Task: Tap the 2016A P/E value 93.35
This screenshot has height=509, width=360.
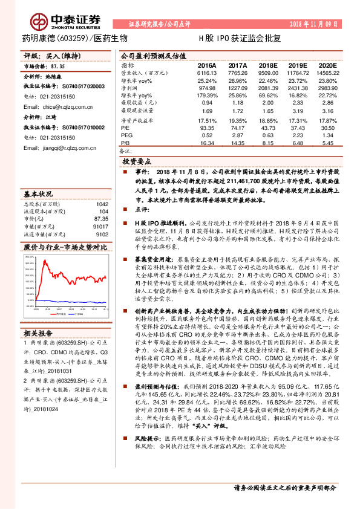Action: pyautogui.click(x=208, y=128)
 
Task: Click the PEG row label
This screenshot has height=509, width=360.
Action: pyautogui.click(x=126, y=135)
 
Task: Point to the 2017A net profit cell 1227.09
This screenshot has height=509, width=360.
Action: pyautogui.click(x=238, y=88)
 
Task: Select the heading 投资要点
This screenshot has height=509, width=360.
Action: pyautogui.click(x=136, y=163)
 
